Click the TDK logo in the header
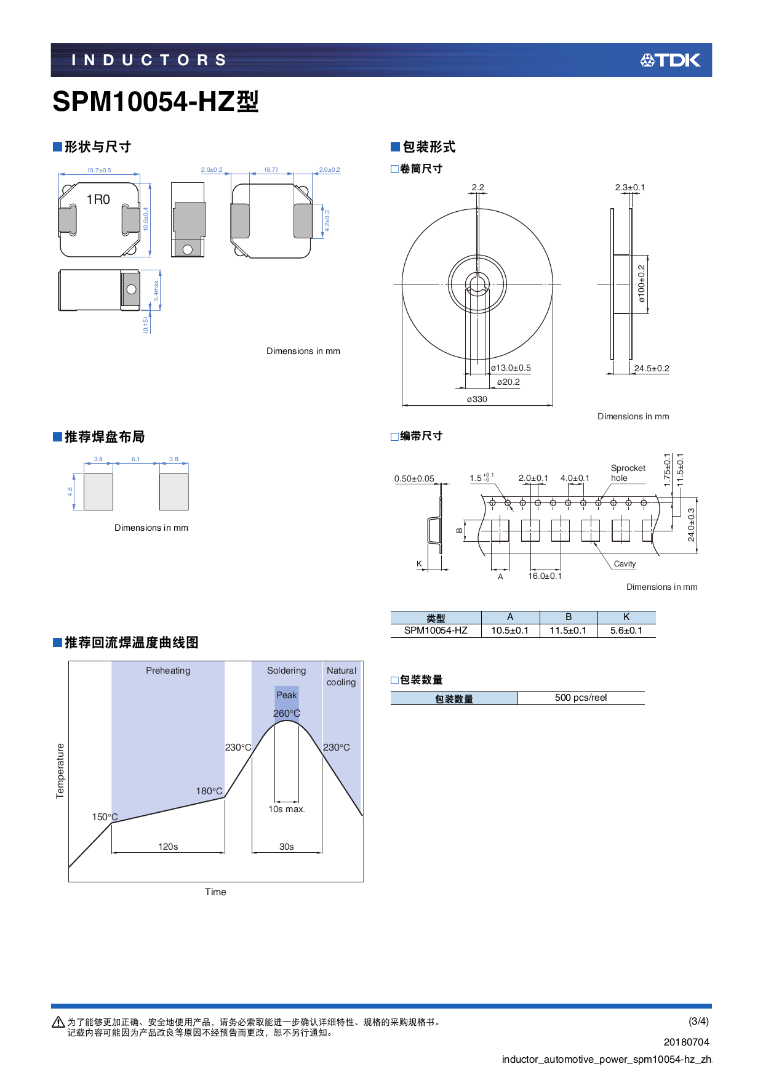coord(670,60)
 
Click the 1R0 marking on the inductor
coord(98,199)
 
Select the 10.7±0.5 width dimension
coord(99,171)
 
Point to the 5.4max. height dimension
coord(156,289)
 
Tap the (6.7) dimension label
coord(271,169)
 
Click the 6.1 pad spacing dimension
coord(135,459)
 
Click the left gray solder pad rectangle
coord(98,491)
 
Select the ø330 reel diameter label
coord(477,399)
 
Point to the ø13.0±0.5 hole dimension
coord(511,368)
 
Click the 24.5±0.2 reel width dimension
coord(652,368)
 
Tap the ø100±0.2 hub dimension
coord(641,284)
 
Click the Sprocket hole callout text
coord(628,473)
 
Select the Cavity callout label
coord(625,564)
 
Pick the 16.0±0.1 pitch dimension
coord(545,576)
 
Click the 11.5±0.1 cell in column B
coord(568,631)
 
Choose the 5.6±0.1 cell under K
coord(626,631)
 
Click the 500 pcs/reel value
coord(580,698)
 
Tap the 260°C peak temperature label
coord(287,714)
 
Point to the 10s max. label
coord(286,809)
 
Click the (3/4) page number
coord(698,1021)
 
